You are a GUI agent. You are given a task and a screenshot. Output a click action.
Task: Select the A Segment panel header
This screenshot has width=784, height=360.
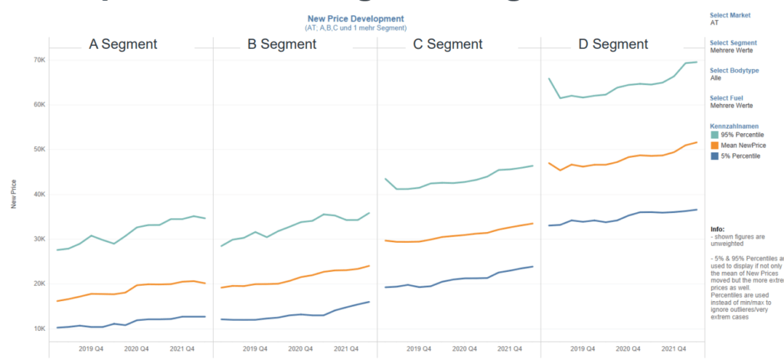point(123,44)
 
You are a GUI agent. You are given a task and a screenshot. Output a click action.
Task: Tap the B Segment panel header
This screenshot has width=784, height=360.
point(282,44)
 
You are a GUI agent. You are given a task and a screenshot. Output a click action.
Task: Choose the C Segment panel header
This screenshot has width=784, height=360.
point(448,44)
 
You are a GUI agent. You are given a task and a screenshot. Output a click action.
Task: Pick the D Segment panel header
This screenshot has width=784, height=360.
point(613,44)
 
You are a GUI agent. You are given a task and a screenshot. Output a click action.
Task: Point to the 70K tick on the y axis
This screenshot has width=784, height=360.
point(38,60)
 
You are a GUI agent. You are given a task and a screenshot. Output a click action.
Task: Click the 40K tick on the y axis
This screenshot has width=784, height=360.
point(38,195)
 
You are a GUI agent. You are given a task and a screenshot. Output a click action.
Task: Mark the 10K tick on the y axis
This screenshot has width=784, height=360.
point(38,329)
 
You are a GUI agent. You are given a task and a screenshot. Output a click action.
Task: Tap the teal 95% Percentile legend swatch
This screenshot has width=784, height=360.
point(715,135)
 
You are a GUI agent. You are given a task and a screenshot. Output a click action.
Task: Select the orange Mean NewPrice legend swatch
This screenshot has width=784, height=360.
point(715,145)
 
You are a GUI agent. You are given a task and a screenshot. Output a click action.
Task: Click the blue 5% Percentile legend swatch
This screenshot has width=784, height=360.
point(715,155)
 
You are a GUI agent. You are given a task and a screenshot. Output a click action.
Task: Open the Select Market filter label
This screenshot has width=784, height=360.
point(730,15)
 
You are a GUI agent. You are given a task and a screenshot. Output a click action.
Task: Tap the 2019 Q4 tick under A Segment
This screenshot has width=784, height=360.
point(93,349)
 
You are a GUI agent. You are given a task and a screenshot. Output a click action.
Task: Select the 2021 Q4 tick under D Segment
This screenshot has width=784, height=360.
point(672,349)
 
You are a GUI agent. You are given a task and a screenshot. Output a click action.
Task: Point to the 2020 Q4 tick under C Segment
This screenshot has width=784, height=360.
point(465,349)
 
